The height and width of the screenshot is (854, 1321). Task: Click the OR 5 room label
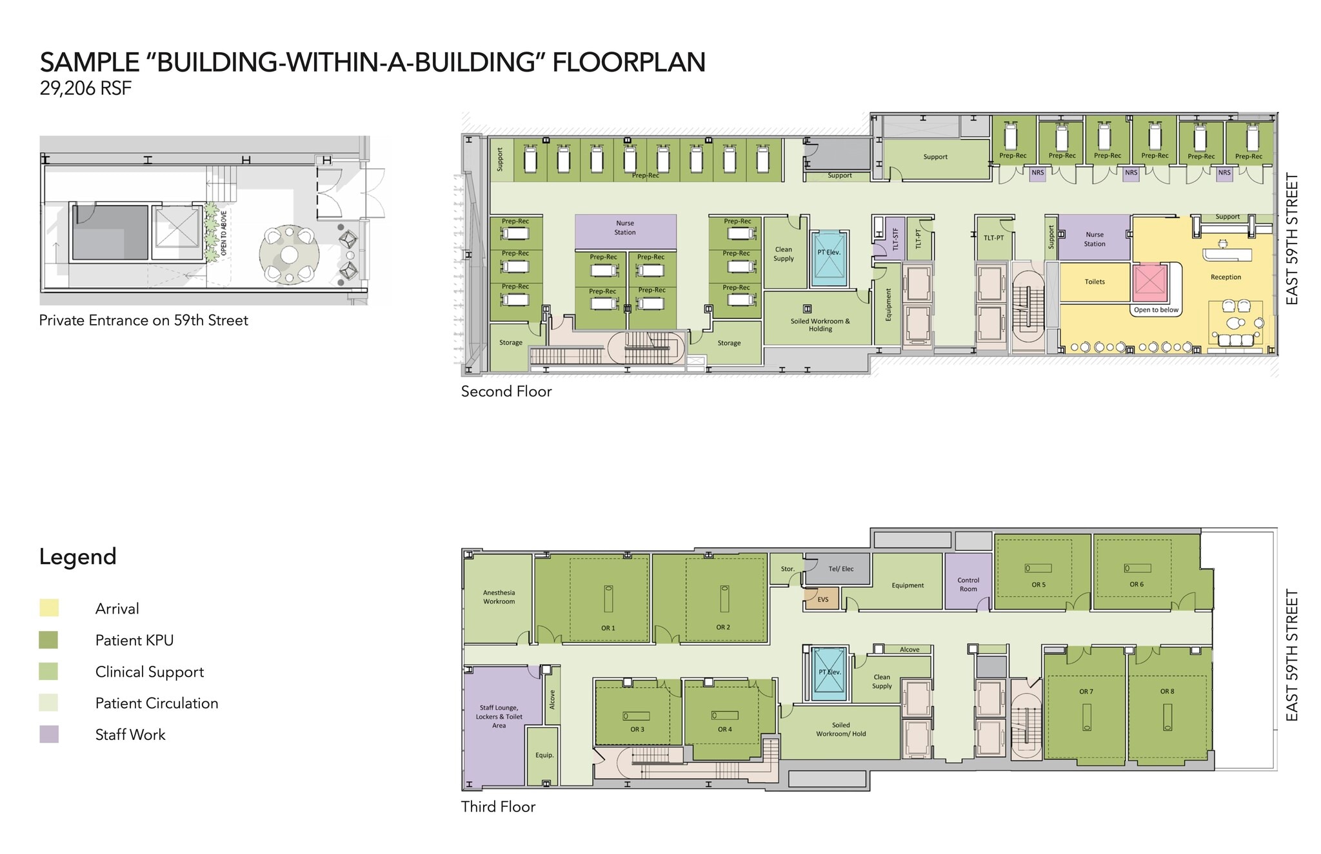[1038, 585]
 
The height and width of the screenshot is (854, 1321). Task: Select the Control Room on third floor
[968, 584]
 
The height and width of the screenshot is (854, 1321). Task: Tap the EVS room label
[822, 599]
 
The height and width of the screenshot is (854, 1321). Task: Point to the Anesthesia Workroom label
[499, 597]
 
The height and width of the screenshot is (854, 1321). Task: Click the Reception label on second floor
[1226, 277]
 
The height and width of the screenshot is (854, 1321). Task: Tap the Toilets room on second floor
[1095, 282]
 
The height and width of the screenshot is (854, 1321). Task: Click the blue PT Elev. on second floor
[829, 258]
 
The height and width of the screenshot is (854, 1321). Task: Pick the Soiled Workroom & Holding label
[820, 325]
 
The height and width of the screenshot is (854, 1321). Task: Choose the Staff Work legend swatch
[49, 734]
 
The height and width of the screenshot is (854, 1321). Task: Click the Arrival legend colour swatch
[49, 608]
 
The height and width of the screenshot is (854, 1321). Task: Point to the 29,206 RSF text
[85, 88]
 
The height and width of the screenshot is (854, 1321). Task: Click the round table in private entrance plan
[290, 255]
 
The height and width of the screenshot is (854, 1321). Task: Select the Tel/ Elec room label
[840, 569]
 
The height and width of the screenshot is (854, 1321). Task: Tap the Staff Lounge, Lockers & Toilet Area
[499, 717]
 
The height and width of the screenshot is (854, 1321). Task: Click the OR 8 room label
[1167, 692]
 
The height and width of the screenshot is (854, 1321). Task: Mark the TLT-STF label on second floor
[895, 239]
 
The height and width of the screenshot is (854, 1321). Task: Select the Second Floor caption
[506, 391]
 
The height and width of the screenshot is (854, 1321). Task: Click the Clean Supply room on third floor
[881, 681]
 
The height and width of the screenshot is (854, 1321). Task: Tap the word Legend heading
[77, 556]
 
